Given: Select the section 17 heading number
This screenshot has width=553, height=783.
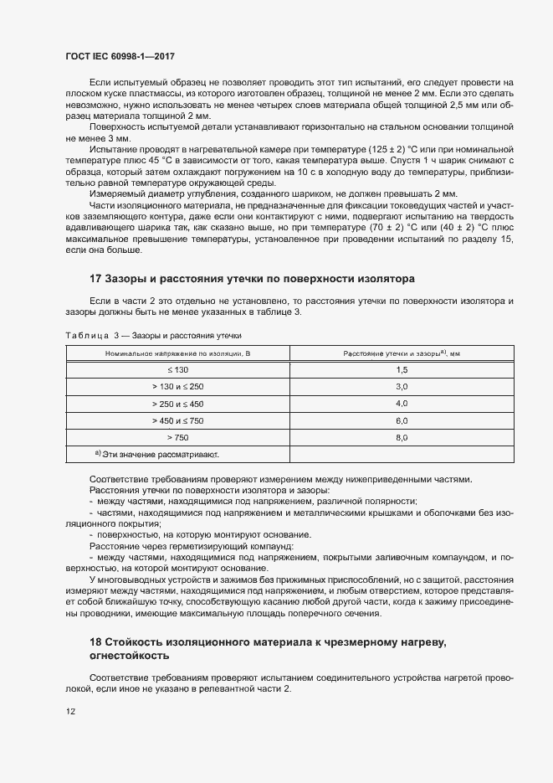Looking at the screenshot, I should pyautogui.click(x=95, y=278).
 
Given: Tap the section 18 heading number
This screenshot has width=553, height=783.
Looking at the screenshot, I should pyautogui.click(x=95, y=641).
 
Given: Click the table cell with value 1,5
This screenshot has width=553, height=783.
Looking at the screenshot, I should pyautogui.click(x=401, y=369).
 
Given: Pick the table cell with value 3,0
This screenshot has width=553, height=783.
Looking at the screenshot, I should pyautogui.click(x=401, y=386).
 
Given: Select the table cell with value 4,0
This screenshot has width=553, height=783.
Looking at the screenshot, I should pyautogui.click(x=401, y=403).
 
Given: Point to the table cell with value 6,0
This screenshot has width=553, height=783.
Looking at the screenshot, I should pyautogui.click(x=401, y=420).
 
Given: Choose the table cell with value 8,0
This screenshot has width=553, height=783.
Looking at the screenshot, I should pyautogui.click(x=401, y=436).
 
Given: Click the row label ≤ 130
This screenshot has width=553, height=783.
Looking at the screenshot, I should pyautogui.click(x=177, y=369).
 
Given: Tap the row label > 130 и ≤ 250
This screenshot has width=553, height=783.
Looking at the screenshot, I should pyautogui.click(x=177, y=386).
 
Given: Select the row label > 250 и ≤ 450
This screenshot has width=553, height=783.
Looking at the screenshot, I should pyautogui.click(x=177, y=403).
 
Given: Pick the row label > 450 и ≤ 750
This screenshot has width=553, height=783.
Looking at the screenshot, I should pyautogui.click(x=177, y=420).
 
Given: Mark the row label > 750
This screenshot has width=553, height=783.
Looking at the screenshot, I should pyautogui.click(x=177, y=436).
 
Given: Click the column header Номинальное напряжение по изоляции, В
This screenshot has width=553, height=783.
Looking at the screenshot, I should pyautogui.click(x=177, y=353).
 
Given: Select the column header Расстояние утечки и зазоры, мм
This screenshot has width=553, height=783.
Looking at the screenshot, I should pyautogui.click(x=401, y=353).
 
